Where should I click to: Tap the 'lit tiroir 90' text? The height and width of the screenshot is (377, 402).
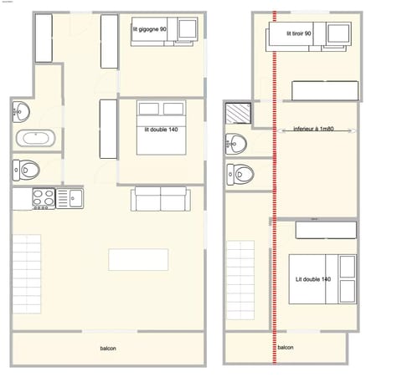pyautogui.click(x=299, y=33)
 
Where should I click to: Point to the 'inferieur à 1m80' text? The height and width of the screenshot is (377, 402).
pyautogui.click(x=316, y=130)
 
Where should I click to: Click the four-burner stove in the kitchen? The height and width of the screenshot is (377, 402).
pyautogui.click(x=43, y=198)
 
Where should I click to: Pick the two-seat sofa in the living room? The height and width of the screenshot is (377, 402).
pyautogui.click(x=160, y=199)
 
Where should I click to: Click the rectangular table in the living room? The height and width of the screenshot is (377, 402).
pyautogui.click(x=138, y=259)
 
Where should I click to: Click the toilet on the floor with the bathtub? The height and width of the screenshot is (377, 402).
pyautogui.click(x=27, y=171)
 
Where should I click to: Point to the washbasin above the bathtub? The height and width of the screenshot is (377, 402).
pyautogui.click(x=23, y=111)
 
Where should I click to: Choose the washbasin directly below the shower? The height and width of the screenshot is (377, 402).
pyautogui.click(x=237, y=144)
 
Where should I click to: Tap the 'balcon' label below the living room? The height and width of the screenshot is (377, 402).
pyautogui.click(x=108, y=347)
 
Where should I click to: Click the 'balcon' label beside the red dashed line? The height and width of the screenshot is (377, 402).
pyautogui.click(x=286, y=347)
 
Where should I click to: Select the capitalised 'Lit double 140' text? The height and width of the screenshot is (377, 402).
pyautogui.click(x=313, y=279)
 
